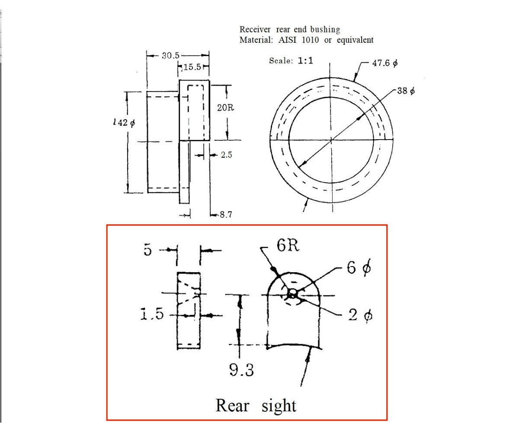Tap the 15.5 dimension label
tap(192, 67)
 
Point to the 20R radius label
tap(225, 108)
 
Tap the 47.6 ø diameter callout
tap(385, 63)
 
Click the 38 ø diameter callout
tap(406, 91)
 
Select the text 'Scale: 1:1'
tap(291, 61)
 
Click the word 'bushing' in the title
tap(326, 29)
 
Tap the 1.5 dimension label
tap(152, 315)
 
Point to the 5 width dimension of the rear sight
tap(148, 250)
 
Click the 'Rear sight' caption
tap(256, 406)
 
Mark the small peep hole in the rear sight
tap(293, 294)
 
